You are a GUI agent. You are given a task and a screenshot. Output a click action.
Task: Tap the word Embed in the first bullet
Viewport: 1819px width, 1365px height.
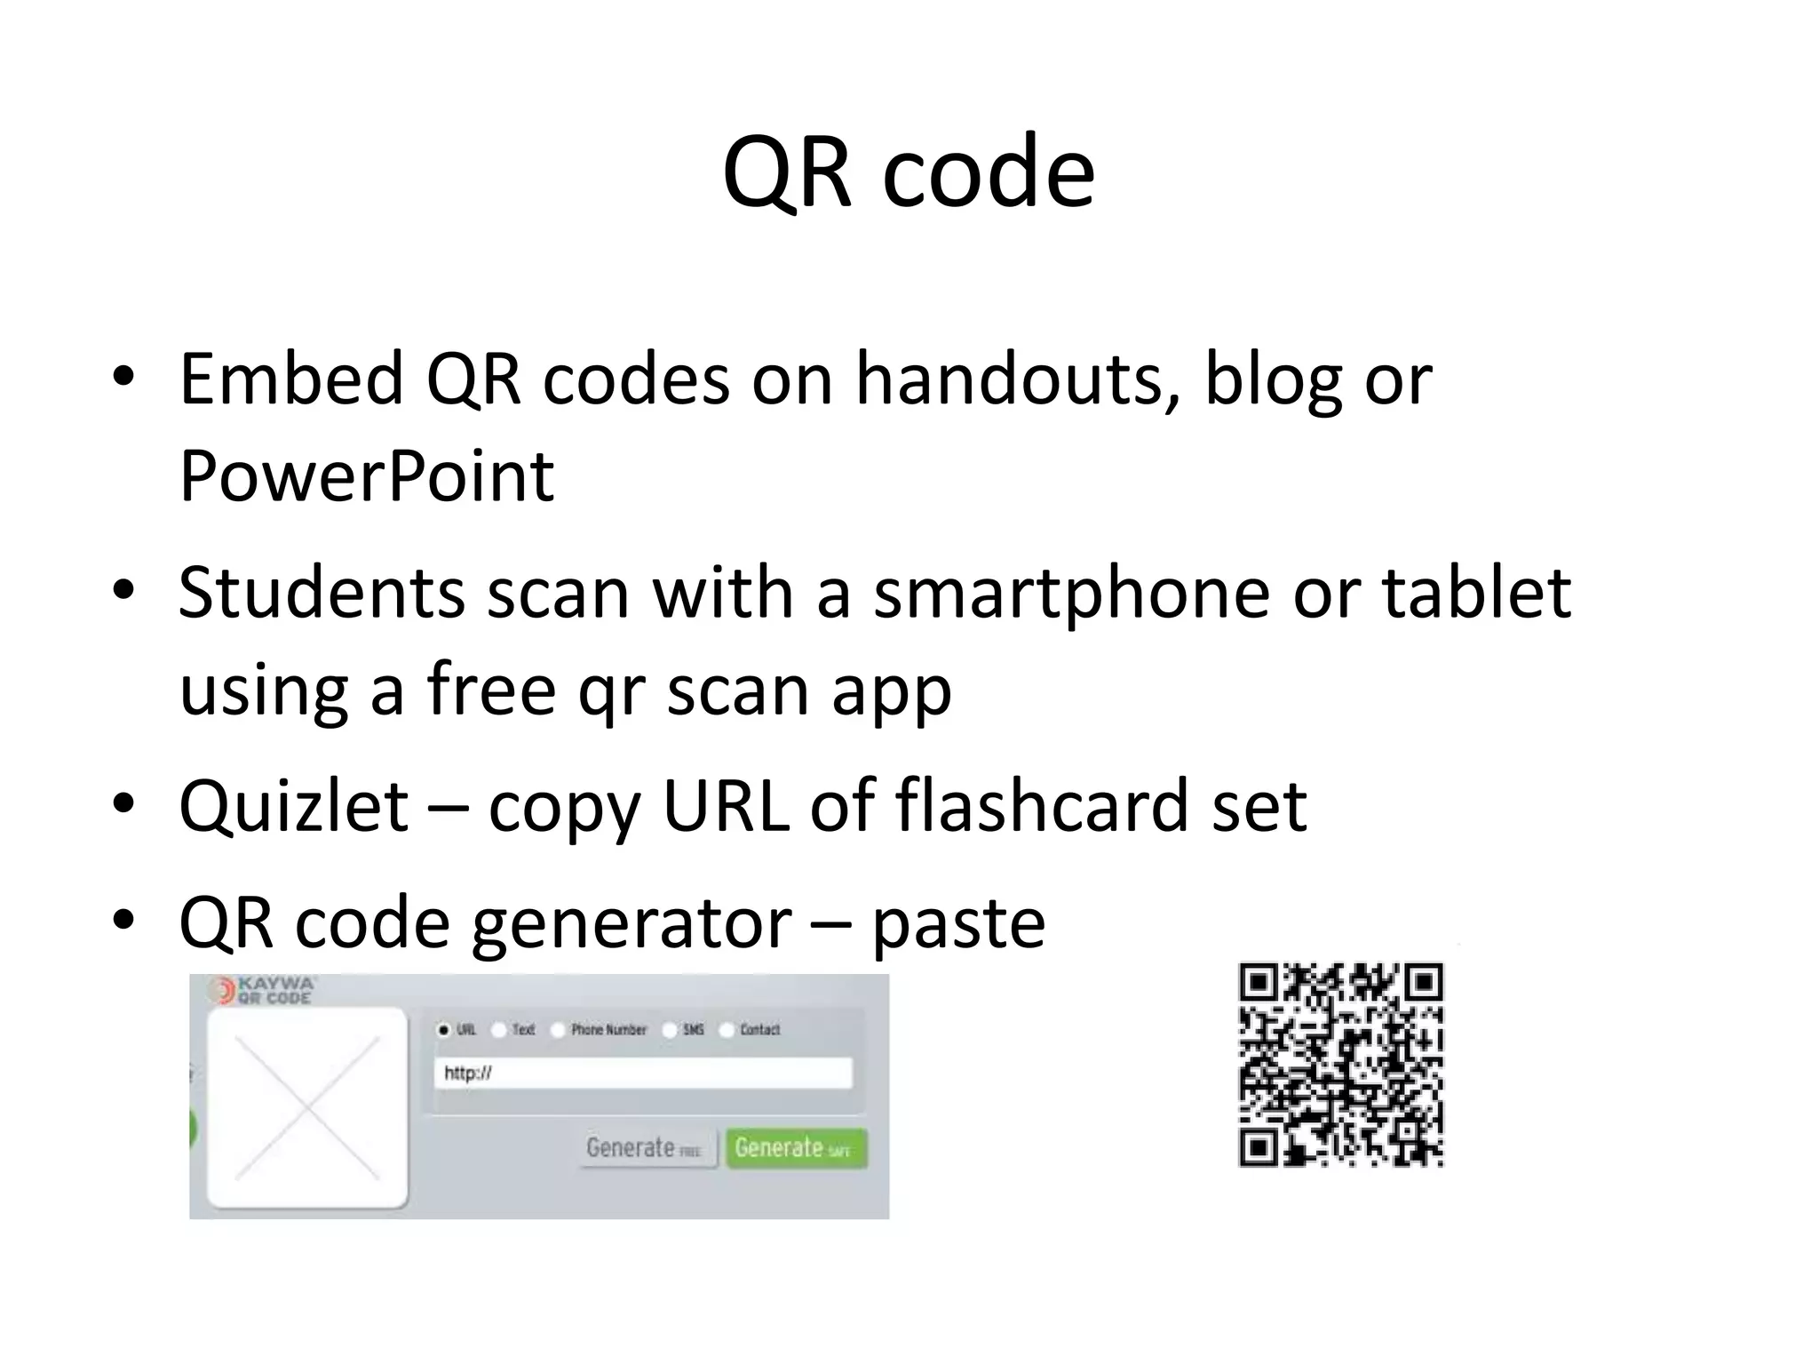(x=291, y=379)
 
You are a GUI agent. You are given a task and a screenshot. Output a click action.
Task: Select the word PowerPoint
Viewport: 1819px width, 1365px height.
(x=366, y=476)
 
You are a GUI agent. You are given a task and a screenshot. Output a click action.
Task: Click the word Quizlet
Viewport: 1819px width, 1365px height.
(x=294, y=806)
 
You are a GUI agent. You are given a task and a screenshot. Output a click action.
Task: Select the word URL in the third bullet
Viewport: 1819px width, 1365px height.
(x=726, y=806)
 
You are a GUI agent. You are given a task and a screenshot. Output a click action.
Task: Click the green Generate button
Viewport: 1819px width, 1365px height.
(x=796, y=1147)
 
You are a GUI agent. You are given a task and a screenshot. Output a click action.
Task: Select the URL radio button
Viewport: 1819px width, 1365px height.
(x=444, y=1030)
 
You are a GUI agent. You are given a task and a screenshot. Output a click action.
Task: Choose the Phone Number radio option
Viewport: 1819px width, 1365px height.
(x=559, y=1030)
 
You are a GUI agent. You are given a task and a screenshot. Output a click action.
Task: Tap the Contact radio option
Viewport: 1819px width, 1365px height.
(x=727, y=1030)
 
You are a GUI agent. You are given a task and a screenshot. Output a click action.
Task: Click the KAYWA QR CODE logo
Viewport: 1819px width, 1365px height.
(x=263, y=990)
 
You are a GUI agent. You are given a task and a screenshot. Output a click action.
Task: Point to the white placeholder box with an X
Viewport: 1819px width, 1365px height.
(x=307, y=1108)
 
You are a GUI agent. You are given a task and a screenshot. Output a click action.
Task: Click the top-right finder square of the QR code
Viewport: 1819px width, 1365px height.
(x=1425, y=982)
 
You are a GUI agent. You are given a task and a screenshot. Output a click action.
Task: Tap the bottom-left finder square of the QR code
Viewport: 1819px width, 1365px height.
(x=1259, y=1147)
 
